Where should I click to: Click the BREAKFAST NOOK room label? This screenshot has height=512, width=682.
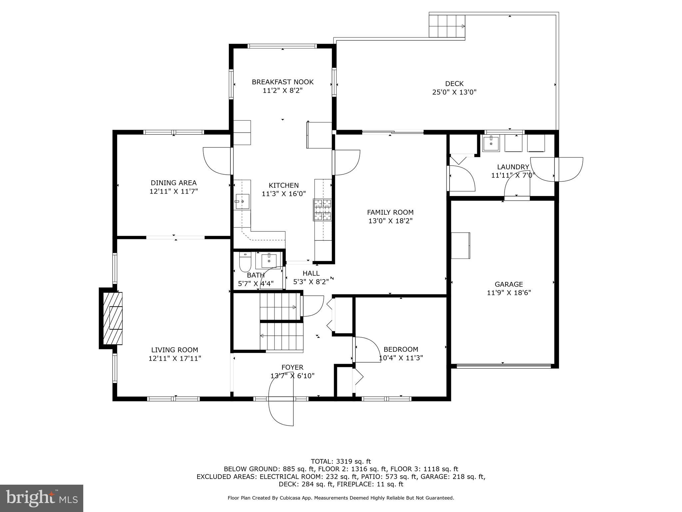(282, 82)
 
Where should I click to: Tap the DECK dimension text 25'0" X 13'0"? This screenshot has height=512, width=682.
(454, 92)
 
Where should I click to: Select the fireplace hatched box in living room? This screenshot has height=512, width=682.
(113, 318)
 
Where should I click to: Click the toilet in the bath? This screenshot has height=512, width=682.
(245, 262)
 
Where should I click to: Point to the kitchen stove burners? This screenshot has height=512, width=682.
(322, 210)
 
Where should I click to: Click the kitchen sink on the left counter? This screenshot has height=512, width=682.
(242, 201)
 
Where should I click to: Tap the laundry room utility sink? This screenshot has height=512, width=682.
(491, 143)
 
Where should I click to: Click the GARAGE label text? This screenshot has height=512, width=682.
(509, 284)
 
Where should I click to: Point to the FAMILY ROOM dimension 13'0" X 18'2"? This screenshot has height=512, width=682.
(390, 221)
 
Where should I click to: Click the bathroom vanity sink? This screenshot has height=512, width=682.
(269, 260)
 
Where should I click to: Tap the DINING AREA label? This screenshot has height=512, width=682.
(173, 183)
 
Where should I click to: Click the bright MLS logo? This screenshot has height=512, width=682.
(42, 498)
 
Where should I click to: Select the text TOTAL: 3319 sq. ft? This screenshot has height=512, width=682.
(341, 462)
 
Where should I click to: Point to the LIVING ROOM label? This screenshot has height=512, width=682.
(174, 350)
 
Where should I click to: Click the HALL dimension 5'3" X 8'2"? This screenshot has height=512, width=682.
(311, 282)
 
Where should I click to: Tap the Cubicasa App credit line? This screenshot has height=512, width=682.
(341, 498)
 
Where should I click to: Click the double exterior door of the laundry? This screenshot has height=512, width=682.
(556, 169)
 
